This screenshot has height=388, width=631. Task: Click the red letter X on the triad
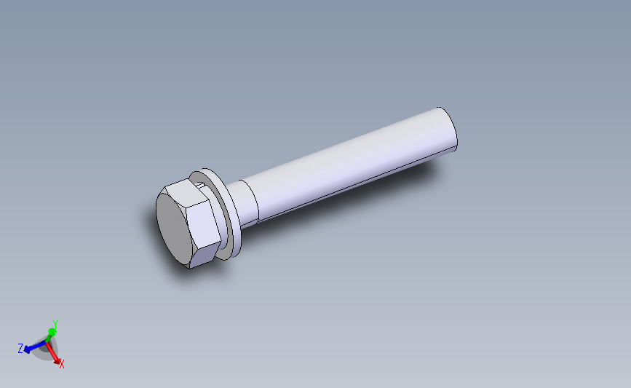62,364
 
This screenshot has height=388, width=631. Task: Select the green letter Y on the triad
55,324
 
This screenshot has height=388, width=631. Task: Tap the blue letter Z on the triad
20,349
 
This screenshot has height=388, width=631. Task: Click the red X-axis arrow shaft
54,355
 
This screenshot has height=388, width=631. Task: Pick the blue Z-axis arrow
33,348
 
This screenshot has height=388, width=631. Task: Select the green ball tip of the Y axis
52,333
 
